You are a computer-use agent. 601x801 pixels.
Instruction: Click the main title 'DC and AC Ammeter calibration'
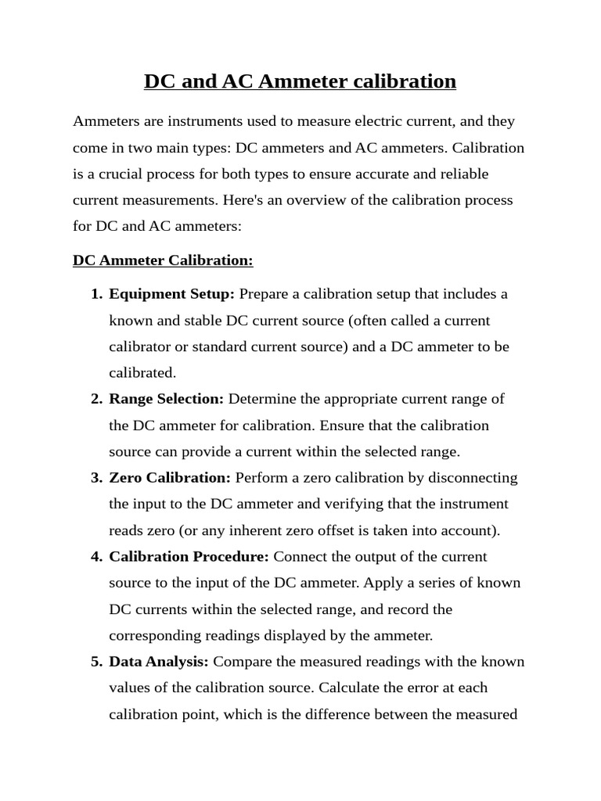click(300, 81)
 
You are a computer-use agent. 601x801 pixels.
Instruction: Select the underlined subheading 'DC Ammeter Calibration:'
click(163, 260)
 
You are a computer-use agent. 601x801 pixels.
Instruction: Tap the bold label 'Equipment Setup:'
click(172, 294)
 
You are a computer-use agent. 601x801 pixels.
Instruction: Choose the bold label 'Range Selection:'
click(167, 399)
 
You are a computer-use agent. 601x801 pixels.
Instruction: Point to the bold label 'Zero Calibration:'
click(170, 478)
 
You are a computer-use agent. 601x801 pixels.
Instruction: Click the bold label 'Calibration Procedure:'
click(189, 557)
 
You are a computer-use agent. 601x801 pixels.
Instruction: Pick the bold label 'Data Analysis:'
click(159, 662)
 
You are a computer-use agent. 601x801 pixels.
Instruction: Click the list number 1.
click(95, 294)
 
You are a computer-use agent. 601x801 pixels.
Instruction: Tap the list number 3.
click(95, 478)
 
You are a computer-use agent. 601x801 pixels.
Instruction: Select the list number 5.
click(95, 662)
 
